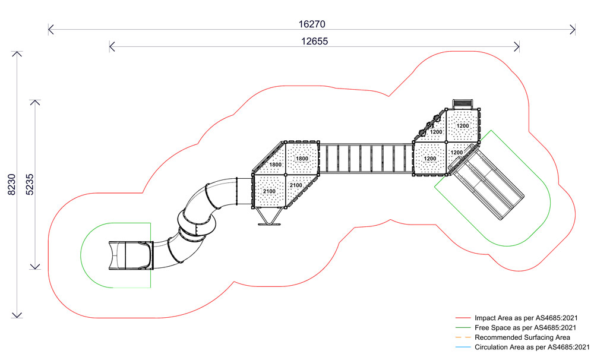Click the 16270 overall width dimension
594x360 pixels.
pyautogui.click(x=312, y=24)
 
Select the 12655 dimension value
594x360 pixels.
pyautogui.click(x=314, y=42)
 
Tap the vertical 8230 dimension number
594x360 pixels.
pyautogui.click(x=12, y=185)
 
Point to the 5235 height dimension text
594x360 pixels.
pyautogui.click(x=30, y=185)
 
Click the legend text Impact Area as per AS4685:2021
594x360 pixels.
pyautogui.click(x=526, y=318)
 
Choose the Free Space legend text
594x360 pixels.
pyautogui.click(x=526, y=328)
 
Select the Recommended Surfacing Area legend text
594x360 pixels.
pyautogui.click(x=522, y=337)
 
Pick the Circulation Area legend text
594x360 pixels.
pyautogui.click(x=532, y=347)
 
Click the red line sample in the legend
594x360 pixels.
pyautogui.click(x=463, y=318)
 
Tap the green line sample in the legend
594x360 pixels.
pyautogui.click(x=463, y=328)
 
